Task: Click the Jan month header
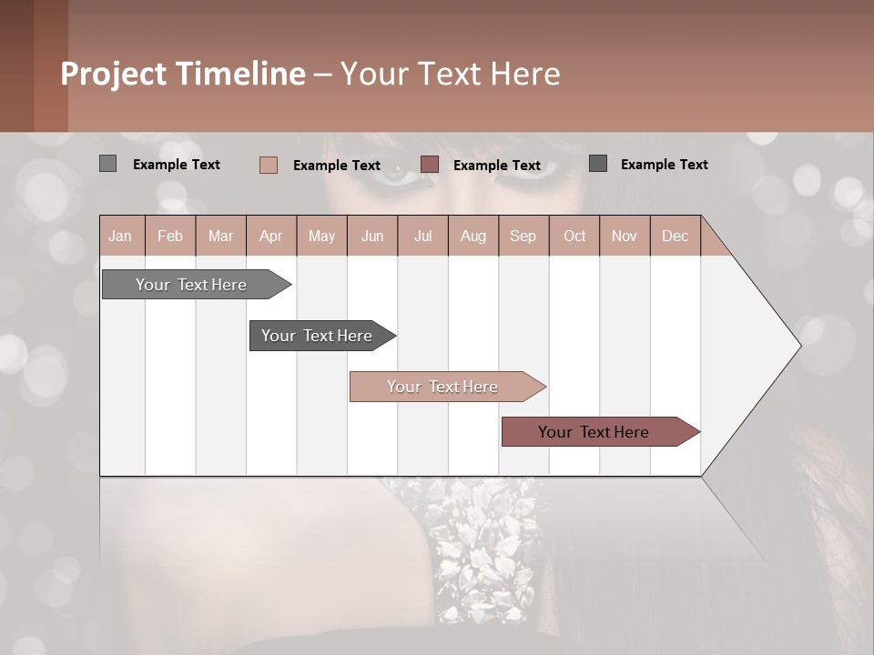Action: point(120,236)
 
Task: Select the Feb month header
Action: point(170,236)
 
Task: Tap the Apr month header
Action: point(270,236)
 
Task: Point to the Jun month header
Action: point(372,236)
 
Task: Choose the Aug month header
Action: point(473,236)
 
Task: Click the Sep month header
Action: point(523,236)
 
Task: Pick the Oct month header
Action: point(574,236)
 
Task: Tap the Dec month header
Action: point(675,236)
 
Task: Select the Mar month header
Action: point(220,236)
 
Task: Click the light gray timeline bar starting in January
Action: point(191,285)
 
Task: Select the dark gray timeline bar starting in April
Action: point(317,336)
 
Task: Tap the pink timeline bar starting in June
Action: point(442,387)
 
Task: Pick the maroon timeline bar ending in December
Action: point(594,432)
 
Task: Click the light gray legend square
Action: point(107,164)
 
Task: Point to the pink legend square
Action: point(269,165)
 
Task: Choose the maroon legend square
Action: point(430,164)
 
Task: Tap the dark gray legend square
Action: point(598,164)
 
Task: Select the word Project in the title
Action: point(114,74)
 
